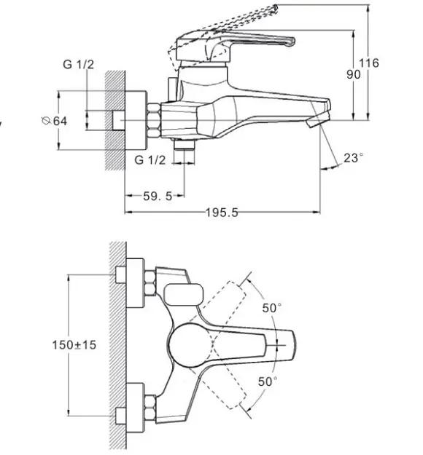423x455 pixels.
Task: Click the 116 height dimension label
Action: coord(369,63)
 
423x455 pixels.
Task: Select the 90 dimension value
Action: coord(354,74)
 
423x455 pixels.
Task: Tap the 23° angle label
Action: coord(354,158)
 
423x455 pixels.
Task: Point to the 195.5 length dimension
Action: coord(222,213)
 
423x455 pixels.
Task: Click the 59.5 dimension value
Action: coord(158,196)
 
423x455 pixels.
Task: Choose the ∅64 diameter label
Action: coord(55,121)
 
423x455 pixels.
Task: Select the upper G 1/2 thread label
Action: coord(79,64)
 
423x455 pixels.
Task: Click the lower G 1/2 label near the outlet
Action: coord(150,160)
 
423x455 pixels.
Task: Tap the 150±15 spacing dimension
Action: coord(74,345)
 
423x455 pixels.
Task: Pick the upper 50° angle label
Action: coord(272,308)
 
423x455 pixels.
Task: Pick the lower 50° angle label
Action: coord(268,381)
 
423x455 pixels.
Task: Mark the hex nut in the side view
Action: coord(154,120)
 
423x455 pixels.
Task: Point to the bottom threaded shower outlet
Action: coord(184,145)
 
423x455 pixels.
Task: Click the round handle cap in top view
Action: coord(190,345)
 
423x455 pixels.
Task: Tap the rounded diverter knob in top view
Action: coord(184,295)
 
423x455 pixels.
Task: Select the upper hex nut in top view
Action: coord(150,283)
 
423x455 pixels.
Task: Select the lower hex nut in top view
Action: coord(150,407)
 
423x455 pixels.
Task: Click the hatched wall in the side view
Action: coord(115,120)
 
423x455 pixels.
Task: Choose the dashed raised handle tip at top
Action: coord(273,9)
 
